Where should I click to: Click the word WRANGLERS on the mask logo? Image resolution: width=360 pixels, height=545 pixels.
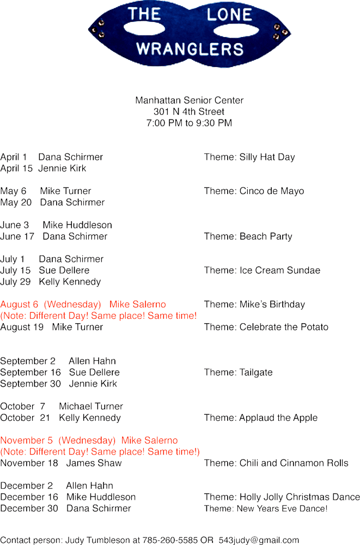point(190,49)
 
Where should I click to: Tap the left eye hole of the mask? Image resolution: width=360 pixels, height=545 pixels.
point(144,28)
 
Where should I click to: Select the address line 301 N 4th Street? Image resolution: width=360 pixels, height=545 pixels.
point(189,112)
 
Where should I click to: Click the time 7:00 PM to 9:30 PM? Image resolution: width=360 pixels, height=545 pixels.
point(189,123)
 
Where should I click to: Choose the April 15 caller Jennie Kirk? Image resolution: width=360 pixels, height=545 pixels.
point(62,168)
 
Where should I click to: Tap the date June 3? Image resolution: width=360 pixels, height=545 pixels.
point(15,225)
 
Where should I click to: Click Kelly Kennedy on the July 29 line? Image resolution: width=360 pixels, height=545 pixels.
point(70,282)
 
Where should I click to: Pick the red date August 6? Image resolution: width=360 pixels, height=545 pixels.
point(19,305)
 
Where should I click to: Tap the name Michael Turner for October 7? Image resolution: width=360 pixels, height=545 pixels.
point(91,407)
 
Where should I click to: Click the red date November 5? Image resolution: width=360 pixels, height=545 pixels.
point(26,440)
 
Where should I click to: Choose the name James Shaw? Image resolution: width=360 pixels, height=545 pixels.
point(94,463)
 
